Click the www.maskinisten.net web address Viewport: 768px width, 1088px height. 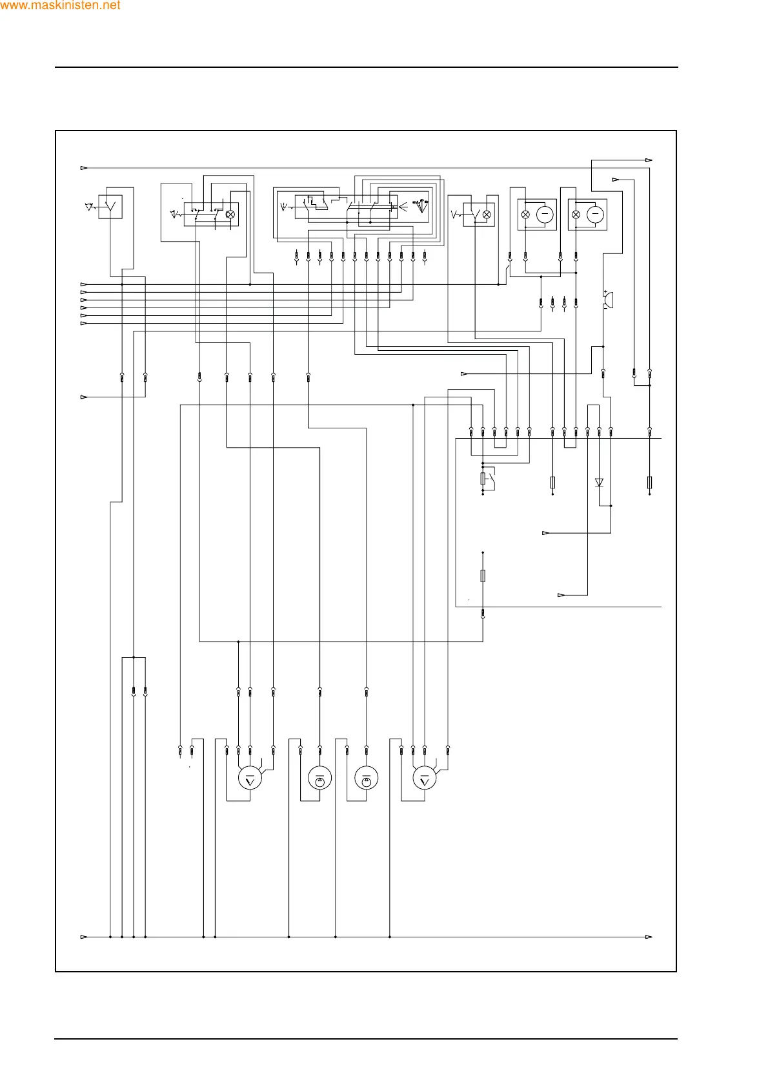60,6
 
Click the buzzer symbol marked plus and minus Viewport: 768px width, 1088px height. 608,300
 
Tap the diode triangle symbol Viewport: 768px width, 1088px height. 599,482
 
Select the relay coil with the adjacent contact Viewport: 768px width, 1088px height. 483,479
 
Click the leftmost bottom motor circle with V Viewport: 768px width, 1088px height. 250,779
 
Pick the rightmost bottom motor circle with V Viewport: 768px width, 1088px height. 424,779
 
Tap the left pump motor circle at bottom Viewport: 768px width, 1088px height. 319,779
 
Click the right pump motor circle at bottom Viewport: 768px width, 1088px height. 367,779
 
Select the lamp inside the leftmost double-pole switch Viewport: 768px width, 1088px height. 230,214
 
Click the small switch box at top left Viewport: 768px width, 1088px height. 110,207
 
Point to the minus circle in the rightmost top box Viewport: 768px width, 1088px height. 595,214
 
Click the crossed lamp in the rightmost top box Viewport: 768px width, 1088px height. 576,214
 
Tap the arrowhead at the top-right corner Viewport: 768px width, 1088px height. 649,160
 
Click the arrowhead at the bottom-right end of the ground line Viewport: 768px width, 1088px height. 649,937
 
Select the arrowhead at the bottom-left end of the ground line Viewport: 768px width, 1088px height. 84,937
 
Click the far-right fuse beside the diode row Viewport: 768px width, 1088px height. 649,482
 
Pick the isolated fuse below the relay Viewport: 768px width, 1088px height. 483,576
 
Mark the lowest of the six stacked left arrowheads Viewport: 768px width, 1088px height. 84,323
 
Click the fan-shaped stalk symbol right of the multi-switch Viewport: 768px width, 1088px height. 421,207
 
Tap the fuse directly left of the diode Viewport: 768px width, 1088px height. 552,482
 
